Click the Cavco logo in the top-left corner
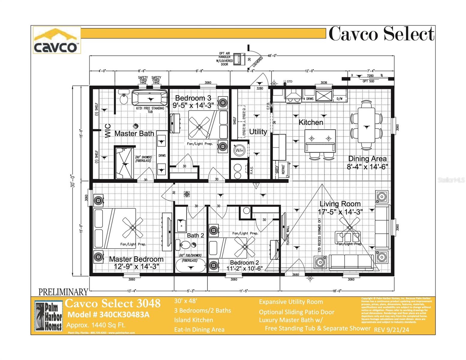[56, 40]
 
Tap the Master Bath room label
[134, 133]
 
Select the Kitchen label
[311, 122]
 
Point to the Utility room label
[258, 132]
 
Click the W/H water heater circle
[239, 150]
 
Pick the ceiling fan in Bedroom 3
[199, 127]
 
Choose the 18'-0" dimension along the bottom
[336, 291]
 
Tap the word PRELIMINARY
[63, 292]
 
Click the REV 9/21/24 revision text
[391, 329]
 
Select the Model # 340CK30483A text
[108, 315]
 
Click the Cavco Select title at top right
[381, 34]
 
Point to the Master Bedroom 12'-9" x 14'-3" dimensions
[136, 266]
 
